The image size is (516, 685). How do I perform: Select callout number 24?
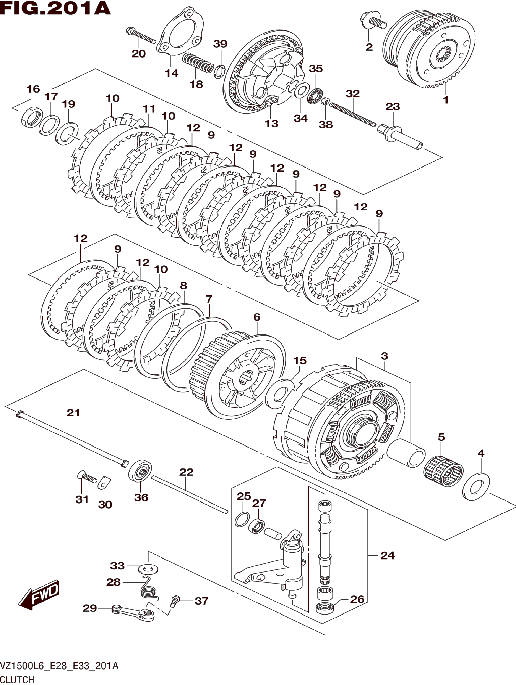(388, 556)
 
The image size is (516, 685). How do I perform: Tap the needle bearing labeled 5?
(443, 472)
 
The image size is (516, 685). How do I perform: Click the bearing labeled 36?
(140, 472)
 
